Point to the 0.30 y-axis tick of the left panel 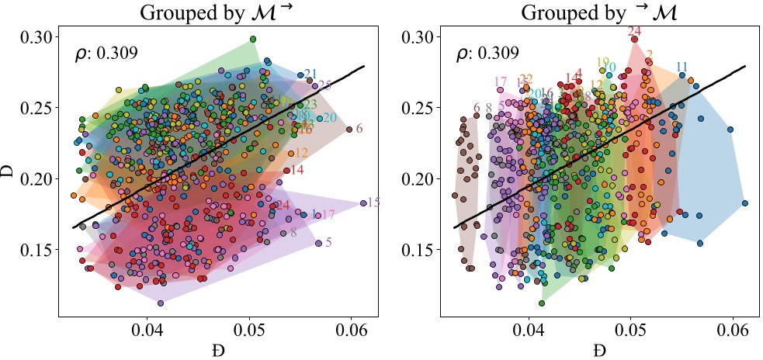coord(36,37)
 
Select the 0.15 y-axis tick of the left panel coord(36,250)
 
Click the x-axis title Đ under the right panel coord(598,350)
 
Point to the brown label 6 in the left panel coord(359,129)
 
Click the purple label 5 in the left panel coord(329,243)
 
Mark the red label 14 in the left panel coord(297,170)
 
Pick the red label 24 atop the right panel coord(634,32)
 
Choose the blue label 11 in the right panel coord(682,66)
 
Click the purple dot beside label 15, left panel coord(363,203)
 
